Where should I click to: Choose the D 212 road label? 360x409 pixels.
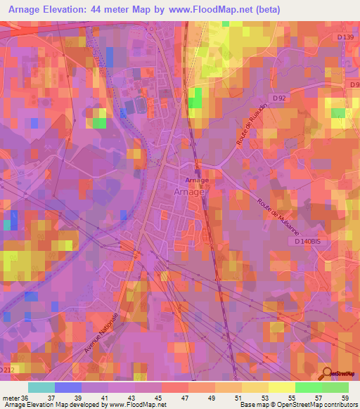7,368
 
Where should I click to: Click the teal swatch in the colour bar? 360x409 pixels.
41,387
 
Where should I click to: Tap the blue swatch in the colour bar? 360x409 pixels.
67,387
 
